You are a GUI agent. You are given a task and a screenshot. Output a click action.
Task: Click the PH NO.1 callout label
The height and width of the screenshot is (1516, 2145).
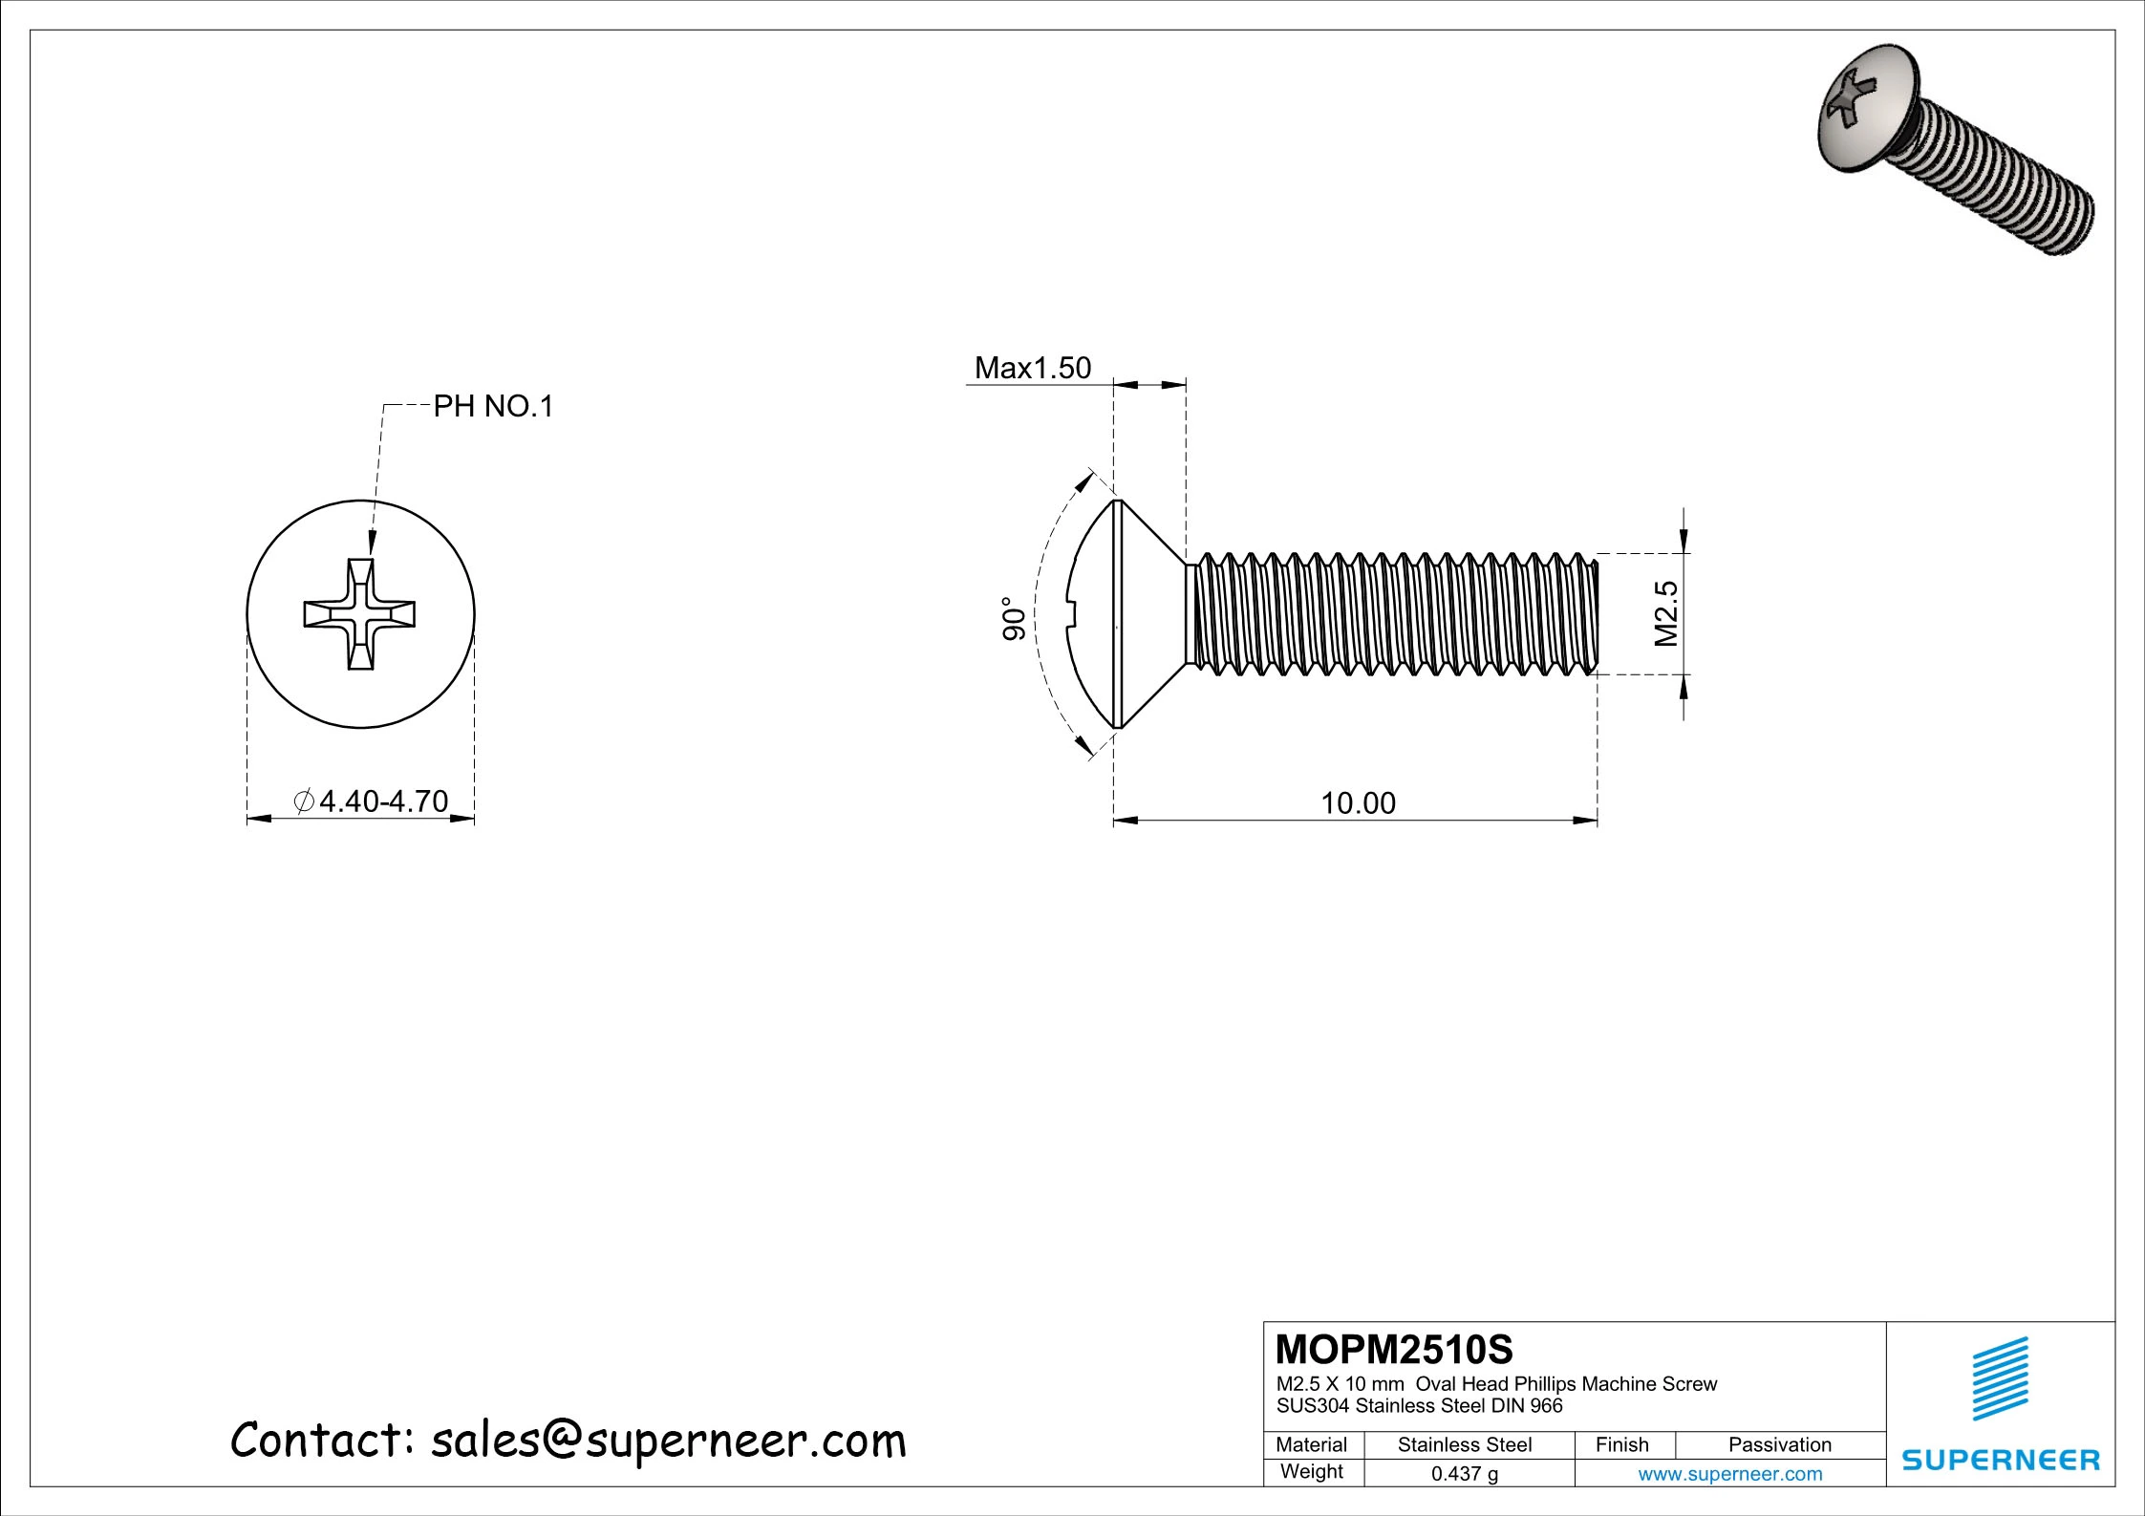pyautogui.click(x=493, y=407)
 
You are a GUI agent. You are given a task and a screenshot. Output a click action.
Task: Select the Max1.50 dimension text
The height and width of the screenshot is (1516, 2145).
pyautogui.click(x=1032, y=368)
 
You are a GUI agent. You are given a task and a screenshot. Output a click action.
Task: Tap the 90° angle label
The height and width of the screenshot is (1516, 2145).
pyautogui.click(x=1014, y=618)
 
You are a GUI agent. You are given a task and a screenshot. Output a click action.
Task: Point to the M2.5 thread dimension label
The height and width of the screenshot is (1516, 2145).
pyautogui.click(x=1666, y=613)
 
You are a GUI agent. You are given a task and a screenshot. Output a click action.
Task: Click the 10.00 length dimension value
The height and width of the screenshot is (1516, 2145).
pyautogui.click(x=1358, y=802)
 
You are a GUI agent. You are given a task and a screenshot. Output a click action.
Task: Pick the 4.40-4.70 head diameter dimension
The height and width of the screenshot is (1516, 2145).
pyautogui.click(x=382, y=801)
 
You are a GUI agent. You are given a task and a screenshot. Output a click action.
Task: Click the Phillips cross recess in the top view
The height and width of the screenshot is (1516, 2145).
pyautogui.click(x=360, y=613)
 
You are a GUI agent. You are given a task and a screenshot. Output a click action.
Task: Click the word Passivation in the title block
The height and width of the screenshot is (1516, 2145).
pyautogui.click(x=1779, y=1444)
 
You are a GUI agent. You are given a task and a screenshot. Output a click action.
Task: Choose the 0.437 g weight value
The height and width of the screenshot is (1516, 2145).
pyautogui.click(x=1464, y=1473)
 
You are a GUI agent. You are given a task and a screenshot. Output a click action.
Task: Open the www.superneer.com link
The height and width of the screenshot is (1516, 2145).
pyautogui.click(x=1729, y=1473)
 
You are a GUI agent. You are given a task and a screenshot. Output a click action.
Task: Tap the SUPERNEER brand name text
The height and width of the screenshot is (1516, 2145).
pyautogui.click(x=2001, y=1460)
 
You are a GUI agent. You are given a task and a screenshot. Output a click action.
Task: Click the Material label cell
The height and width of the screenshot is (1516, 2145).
pyautogui.click(x=1311, y=1444)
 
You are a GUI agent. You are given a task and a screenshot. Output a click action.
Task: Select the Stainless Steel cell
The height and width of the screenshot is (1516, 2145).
pyautogui.click(x=1464, y=1444)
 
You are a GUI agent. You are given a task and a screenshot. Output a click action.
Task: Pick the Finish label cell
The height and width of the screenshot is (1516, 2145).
pyautogui.click(x=1621, y=1444)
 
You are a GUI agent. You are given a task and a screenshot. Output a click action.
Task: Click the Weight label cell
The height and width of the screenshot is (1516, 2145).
pyautogui.click(x=1311, y=1471)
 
